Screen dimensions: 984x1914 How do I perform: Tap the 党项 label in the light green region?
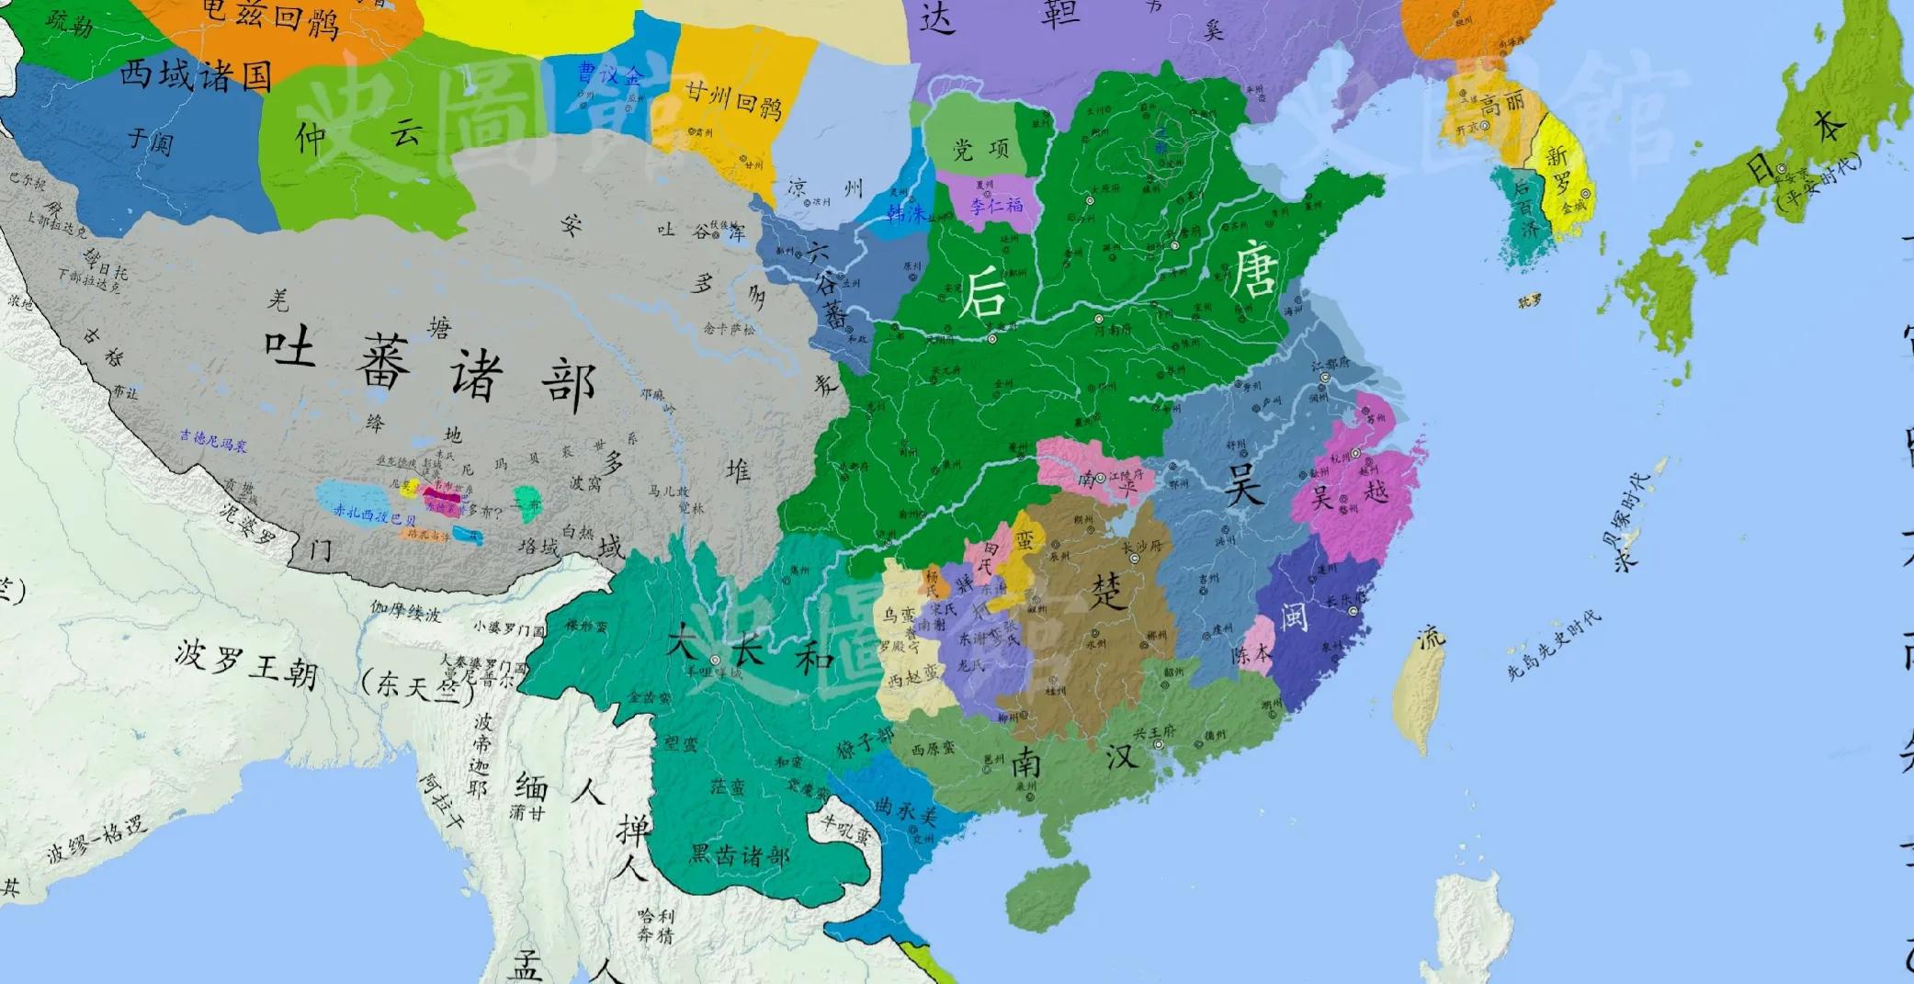[980, 149]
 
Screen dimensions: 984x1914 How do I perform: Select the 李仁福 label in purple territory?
[997, 205]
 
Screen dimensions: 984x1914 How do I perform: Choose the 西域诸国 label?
[195, 74]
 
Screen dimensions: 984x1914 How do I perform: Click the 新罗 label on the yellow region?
[1562, 170]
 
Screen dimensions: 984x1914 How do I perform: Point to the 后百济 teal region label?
[1526, 208]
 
